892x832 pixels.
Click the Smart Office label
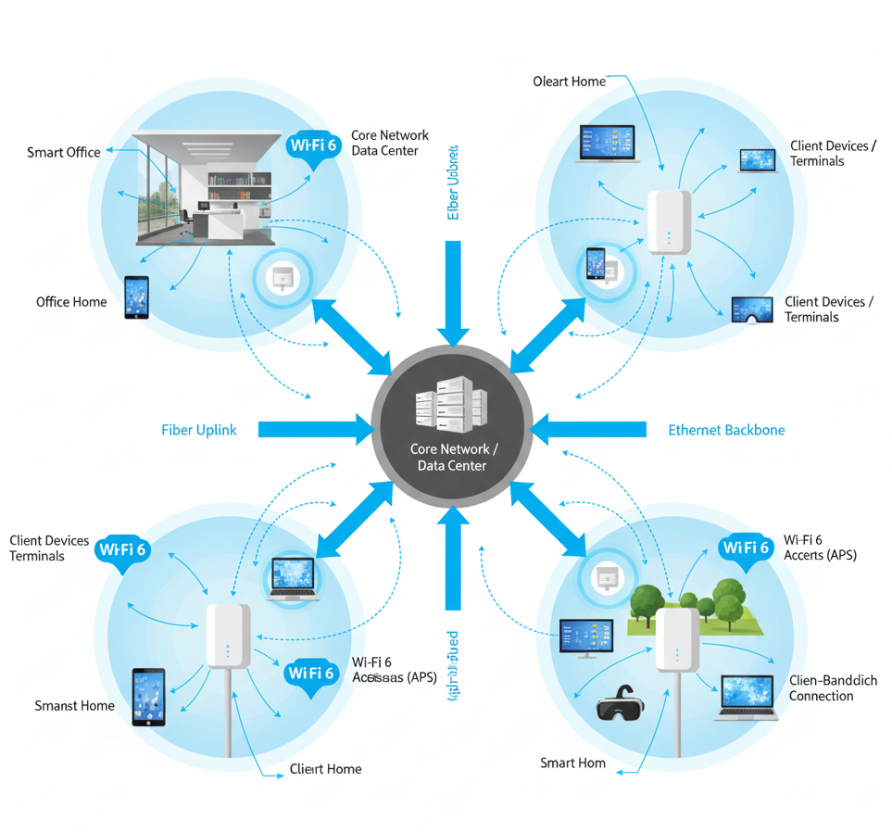pos(64,152)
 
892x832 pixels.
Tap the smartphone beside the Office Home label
pos(136,297)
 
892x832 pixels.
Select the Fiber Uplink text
pos(199,430)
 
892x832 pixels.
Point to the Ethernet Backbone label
pos(726,430)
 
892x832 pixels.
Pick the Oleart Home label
pos(570,82)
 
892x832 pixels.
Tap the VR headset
pos(619,702)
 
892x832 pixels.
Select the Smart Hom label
pos(572,763)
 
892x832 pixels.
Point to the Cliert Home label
pos(325,769)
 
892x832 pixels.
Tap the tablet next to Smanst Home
pos(148,697)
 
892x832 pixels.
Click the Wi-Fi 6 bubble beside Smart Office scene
pos(314,146)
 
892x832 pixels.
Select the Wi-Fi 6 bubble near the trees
pos(746,548)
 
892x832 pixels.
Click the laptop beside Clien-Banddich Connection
pos(748,697)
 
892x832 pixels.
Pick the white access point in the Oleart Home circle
pos(669,221)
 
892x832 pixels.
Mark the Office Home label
pos(71,302)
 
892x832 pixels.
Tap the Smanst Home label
pos(75,706)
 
